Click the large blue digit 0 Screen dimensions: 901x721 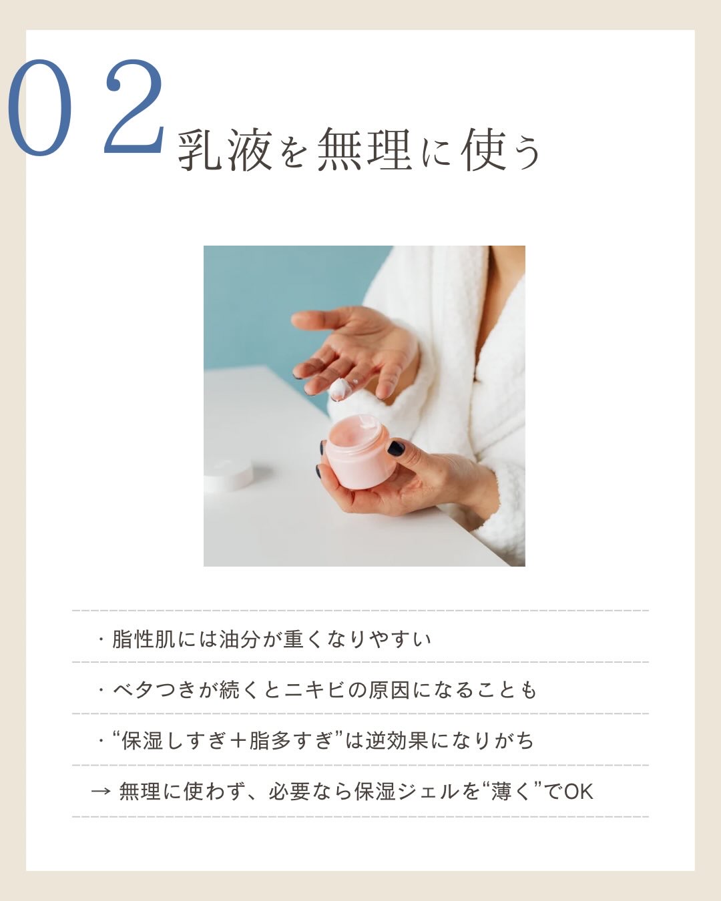pos(39,108)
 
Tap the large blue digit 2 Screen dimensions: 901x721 pos(134,107)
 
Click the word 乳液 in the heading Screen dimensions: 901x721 pos(225,150)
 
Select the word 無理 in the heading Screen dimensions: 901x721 pos(363,149)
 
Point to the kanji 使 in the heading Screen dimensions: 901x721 pos(484,149)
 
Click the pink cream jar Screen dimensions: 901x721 pos(358,454)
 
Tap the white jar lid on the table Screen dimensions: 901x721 pos(228,473)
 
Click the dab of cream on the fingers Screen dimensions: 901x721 pos(340,389)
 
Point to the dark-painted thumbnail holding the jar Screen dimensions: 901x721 pos(396,448)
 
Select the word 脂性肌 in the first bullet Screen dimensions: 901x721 pos(144,639)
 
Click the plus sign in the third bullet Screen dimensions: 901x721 pos(238,741)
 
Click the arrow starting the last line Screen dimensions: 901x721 pos(100,792)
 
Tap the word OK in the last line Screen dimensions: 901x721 pos(578,792)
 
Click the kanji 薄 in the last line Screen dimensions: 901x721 pos(501,792)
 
